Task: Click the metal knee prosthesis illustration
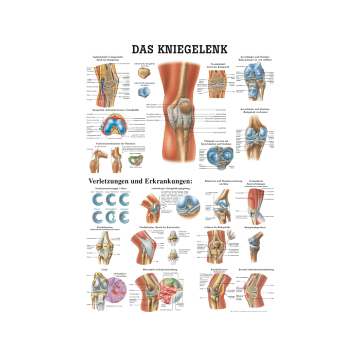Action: [x=255, y=246]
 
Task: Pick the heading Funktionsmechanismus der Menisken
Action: [x=107, y=143]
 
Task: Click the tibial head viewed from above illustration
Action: [x=218, y=156]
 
